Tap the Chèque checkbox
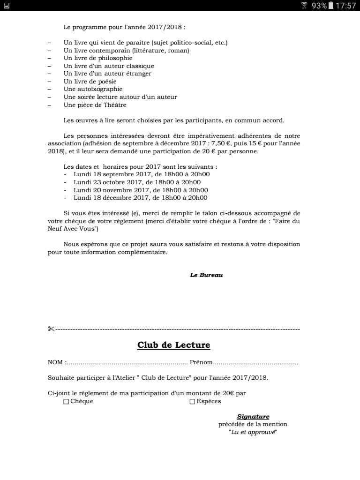[x=66, y=402]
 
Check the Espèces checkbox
[x=192, y=402]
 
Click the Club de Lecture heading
[x=173, y=345]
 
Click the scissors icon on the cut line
[x=51, y=329]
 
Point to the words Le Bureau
[x=206, y=275]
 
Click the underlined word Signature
[x=253, y=416]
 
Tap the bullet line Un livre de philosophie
[x=98, y=58]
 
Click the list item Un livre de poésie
[x=90, y=82]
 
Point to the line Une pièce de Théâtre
[x=95, y=105]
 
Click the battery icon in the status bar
[x=331, y=6]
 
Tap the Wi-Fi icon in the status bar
[x=304, y=6]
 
